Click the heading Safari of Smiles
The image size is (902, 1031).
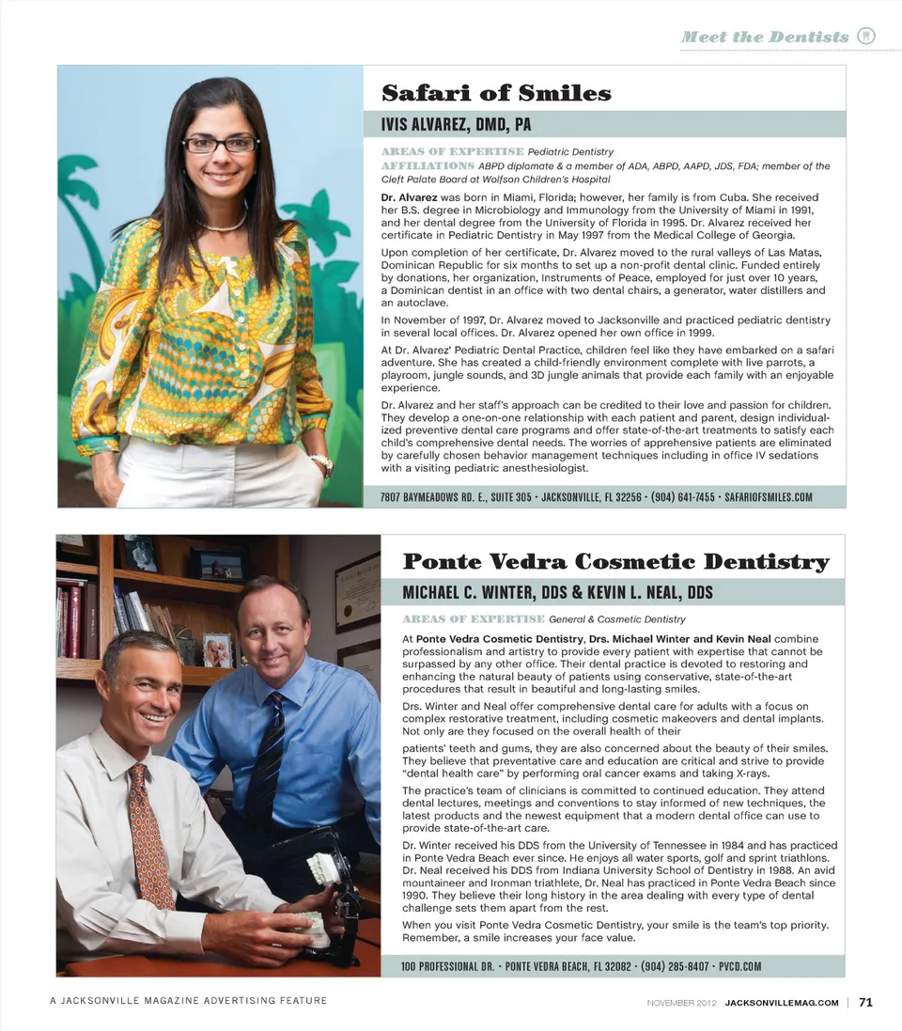pos(496,93)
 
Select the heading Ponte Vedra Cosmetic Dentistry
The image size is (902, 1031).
pos(615,562)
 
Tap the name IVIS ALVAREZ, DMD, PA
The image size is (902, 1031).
pos(456,124)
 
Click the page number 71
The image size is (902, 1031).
pos(865,1002)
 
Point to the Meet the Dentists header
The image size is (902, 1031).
pos(765,37)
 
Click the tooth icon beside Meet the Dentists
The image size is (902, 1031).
pos(866,37)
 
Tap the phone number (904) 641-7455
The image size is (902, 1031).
pos(682,497)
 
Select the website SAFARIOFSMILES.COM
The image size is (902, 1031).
pos(769,497)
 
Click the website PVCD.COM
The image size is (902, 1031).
pos(739,966)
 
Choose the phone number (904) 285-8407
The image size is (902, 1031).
pos(675,966)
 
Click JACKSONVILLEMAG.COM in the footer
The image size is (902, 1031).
pos(782,1003)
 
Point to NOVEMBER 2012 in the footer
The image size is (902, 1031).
pos(682,1003)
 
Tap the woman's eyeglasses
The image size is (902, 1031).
pos(220,145)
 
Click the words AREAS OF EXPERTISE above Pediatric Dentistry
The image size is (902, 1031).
pos(452,151)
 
